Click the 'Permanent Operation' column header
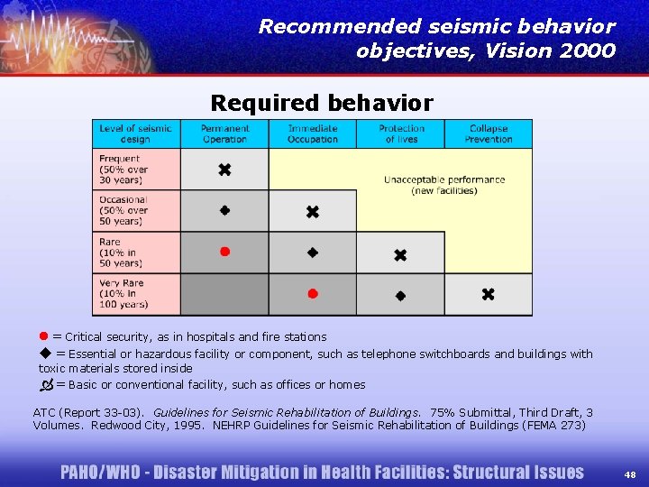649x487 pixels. click(x=224, y=133)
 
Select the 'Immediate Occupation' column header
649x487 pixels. click(x=312, y=133)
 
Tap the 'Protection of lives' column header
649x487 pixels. click(x=400, y=133)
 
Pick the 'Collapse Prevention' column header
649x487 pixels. click(x=488, y=133)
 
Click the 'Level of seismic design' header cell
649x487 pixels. click(x=136, y=133)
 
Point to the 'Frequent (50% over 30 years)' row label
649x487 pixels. click(x=126, y=170)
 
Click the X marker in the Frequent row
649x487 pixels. click(x=224, y=170)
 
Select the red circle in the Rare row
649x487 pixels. click(x=224, y=252)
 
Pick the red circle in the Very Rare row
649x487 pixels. click(x=312, y=293)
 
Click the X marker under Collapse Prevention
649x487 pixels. click(x=488, y=294)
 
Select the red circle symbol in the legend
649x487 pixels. click(x=44, y=336)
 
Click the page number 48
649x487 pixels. click(x=629, y=473)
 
